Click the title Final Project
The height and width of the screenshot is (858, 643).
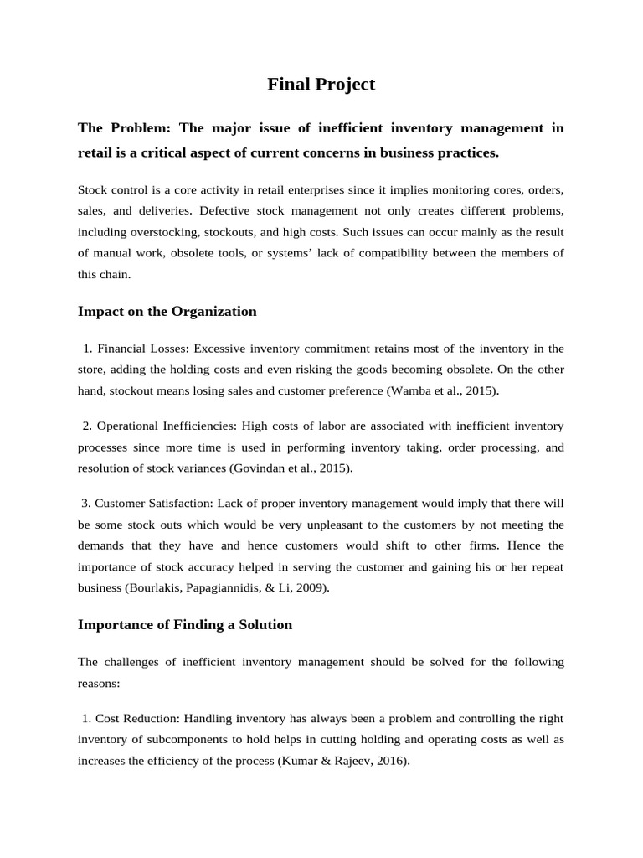[x=321, y=85]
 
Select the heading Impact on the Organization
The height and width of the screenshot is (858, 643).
[x=167, y=312]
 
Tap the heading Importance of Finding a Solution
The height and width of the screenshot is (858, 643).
[x=185, y=625]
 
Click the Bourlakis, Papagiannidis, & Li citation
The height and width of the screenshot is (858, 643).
[x=218, y=588]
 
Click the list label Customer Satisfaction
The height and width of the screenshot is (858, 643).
[x=156, y=504]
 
